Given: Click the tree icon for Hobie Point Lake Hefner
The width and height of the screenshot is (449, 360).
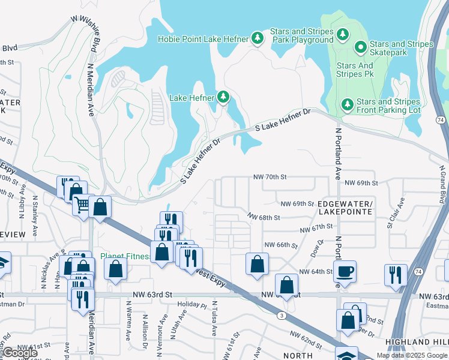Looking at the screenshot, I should point(258,39).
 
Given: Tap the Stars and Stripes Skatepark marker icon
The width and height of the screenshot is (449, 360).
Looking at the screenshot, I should point(361,46).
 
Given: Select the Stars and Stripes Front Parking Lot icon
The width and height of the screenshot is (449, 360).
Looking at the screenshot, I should point(348,104).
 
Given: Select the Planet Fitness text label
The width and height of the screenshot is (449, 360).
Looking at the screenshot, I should point(125,256).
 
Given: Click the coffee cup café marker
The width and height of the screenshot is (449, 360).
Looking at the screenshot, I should point(345,271).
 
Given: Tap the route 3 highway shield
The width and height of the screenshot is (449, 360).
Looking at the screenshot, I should point(281,315).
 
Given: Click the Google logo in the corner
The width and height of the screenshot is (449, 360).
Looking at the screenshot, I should point(20,353).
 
